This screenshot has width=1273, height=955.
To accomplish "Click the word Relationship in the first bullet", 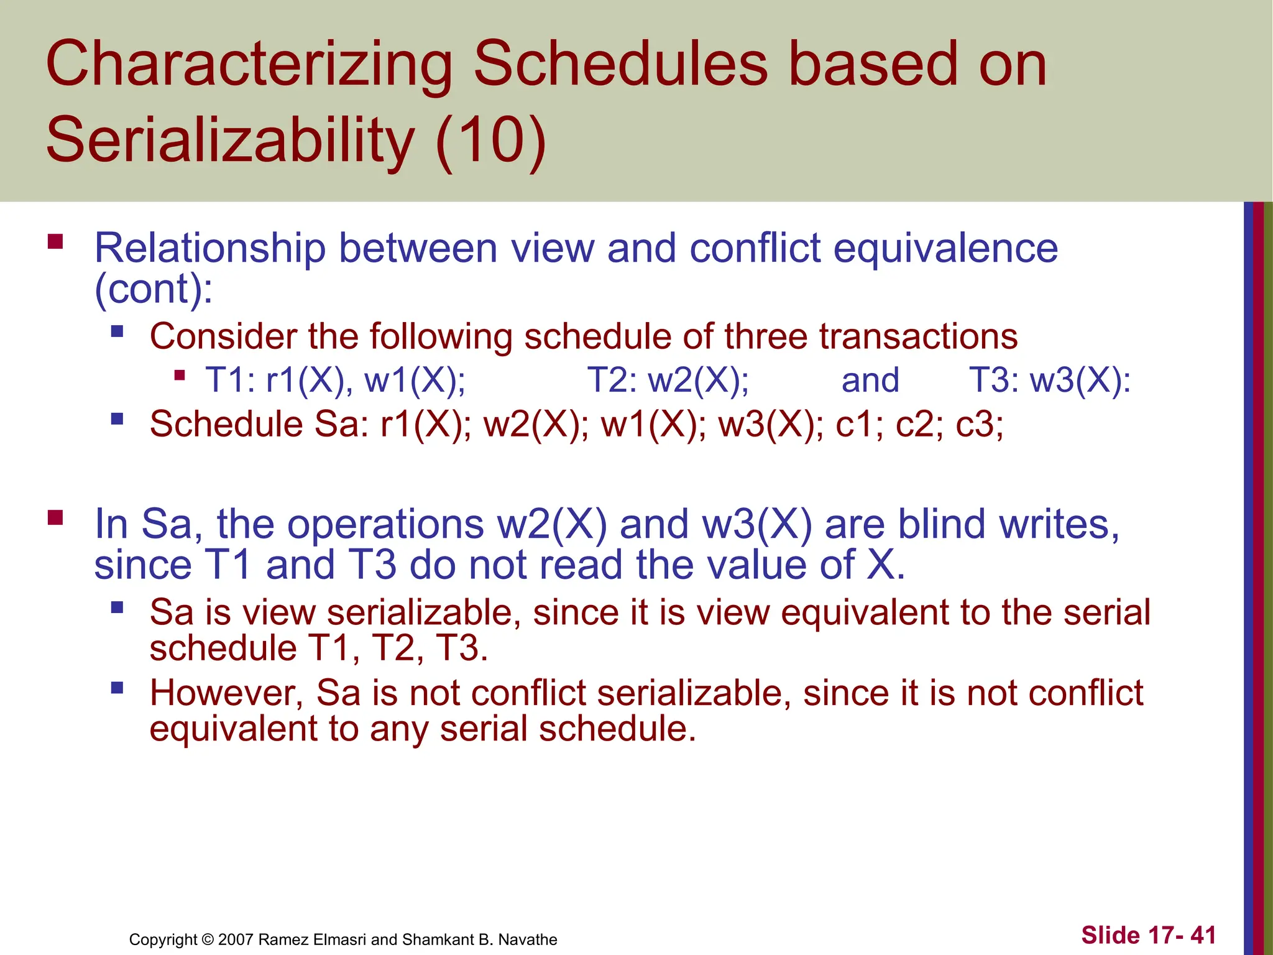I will pyautogui.click(x=209, y=248).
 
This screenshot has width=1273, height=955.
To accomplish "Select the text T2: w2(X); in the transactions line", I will pyautogui.click(x=668, y=380).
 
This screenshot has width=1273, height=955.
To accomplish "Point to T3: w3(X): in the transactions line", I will pyautogui.click(x=1050, y=380).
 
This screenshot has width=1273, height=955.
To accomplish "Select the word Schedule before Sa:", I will pyautogui.click(x=226, y=425).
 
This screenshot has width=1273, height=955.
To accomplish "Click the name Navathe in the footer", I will pyautogui.click(x=528, y=939).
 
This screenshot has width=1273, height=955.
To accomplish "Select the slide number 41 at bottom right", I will pyautogui.click(x=1203, y=935).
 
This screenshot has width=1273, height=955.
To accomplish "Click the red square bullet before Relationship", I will pyautogui.click(x=55, y=241).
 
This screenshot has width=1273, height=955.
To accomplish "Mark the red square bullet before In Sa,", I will pyautogui.click(x=55, y=517).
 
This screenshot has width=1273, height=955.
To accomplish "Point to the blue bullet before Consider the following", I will pyautogui.click(x=117, y=331).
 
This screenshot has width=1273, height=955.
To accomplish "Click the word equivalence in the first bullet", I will pyautogui.click(x=945, y=248).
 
